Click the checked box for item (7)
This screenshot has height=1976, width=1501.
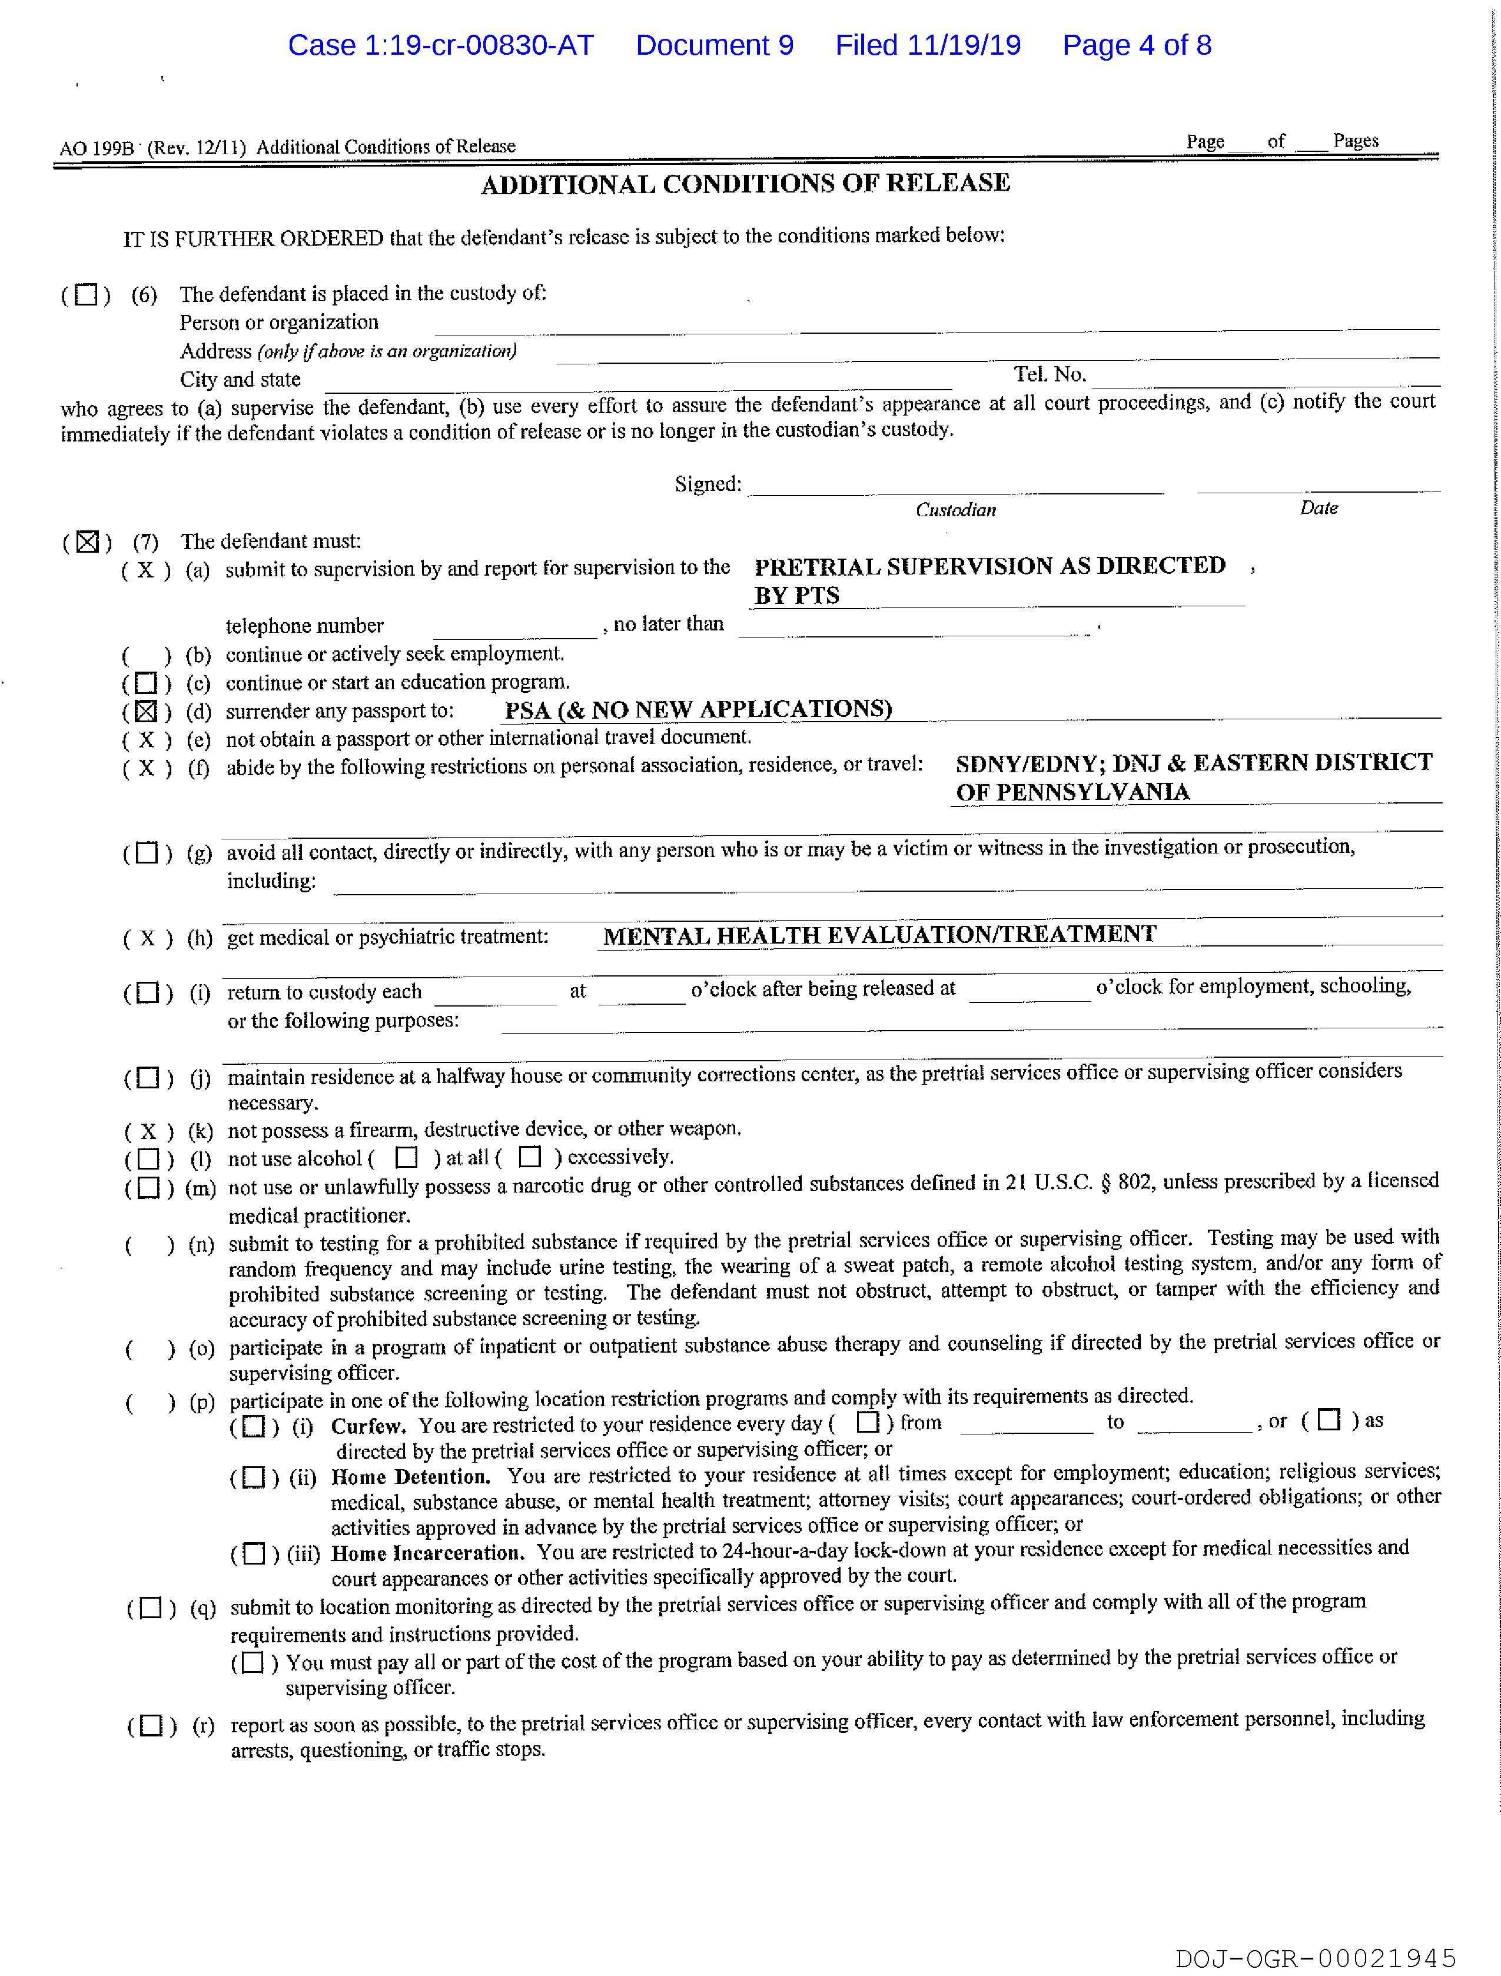click(x=87, y=542)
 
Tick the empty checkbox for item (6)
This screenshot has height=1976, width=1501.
click(x=86, y=295)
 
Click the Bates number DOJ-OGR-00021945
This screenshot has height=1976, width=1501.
click(x=1315, y=1958)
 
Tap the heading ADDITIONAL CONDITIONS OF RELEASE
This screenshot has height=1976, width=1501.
click(x=745, y=184)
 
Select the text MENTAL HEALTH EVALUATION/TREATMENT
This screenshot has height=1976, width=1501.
click(x=879, y=935)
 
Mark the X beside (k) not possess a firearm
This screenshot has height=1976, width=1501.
click(x=148, y=1131)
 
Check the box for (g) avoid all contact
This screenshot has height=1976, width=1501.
click(x=147, y=853)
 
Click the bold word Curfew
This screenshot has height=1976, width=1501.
click(x=368, y=1426)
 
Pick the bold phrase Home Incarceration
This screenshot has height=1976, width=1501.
click(x=426, y=1553)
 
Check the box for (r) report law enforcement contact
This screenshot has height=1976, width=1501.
click(x=151, y=1725)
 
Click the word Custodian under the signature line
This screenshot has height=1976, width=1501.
click(x=955, y=510)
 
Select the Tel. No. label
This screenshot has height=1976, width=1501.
click(x=1049, y=374)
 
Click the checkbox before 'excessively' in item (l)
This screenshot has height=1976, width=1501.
click(x=530, y=1158)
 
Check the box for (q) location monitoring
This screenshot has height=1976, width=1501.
click(x=151, y=1608)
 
